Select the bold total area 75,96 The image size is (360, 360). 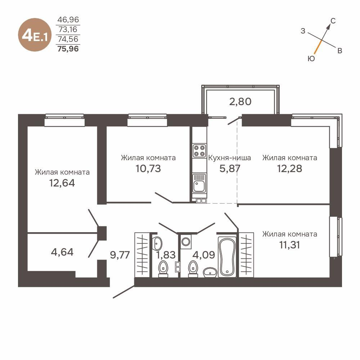(x=68, y=48)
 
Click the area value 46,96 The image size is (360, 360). (x=68, y=20)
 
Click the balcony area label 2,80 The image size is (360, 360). (x=240, y=101)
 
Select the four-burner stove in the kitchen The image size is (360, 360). (x=199, y=150)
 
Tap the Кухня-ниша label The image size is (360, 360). (x=229, y=158)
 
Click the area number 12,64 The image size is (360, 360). (x=62, y=183)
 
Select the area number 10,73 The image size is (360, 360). (x=148, y=168)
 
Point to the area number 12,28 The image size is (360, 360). (x=289, y=168)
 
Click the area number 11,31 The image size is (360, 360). (x=289, y=245)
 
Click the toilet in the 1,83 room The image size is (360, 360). (x=163, y=268)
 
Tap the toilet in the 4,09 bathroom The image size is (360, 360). (x=193, y=268)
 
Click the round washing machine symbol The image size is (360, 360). (x=186, y=241)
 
